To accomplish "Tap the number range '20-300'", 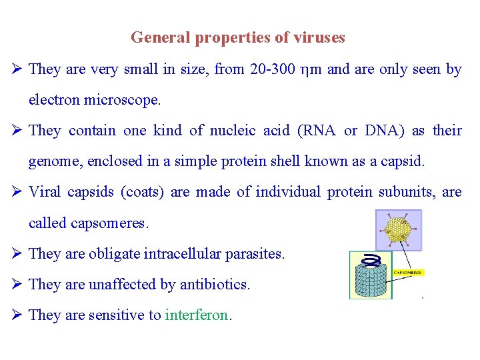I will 274,69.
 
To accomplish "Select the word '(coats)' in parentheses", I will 143,192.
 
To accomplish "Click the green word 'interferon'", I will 197,315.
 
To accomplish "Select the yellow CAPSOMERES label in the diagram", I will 408,273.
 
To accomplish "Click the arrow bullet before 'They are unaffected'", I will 18,284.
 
